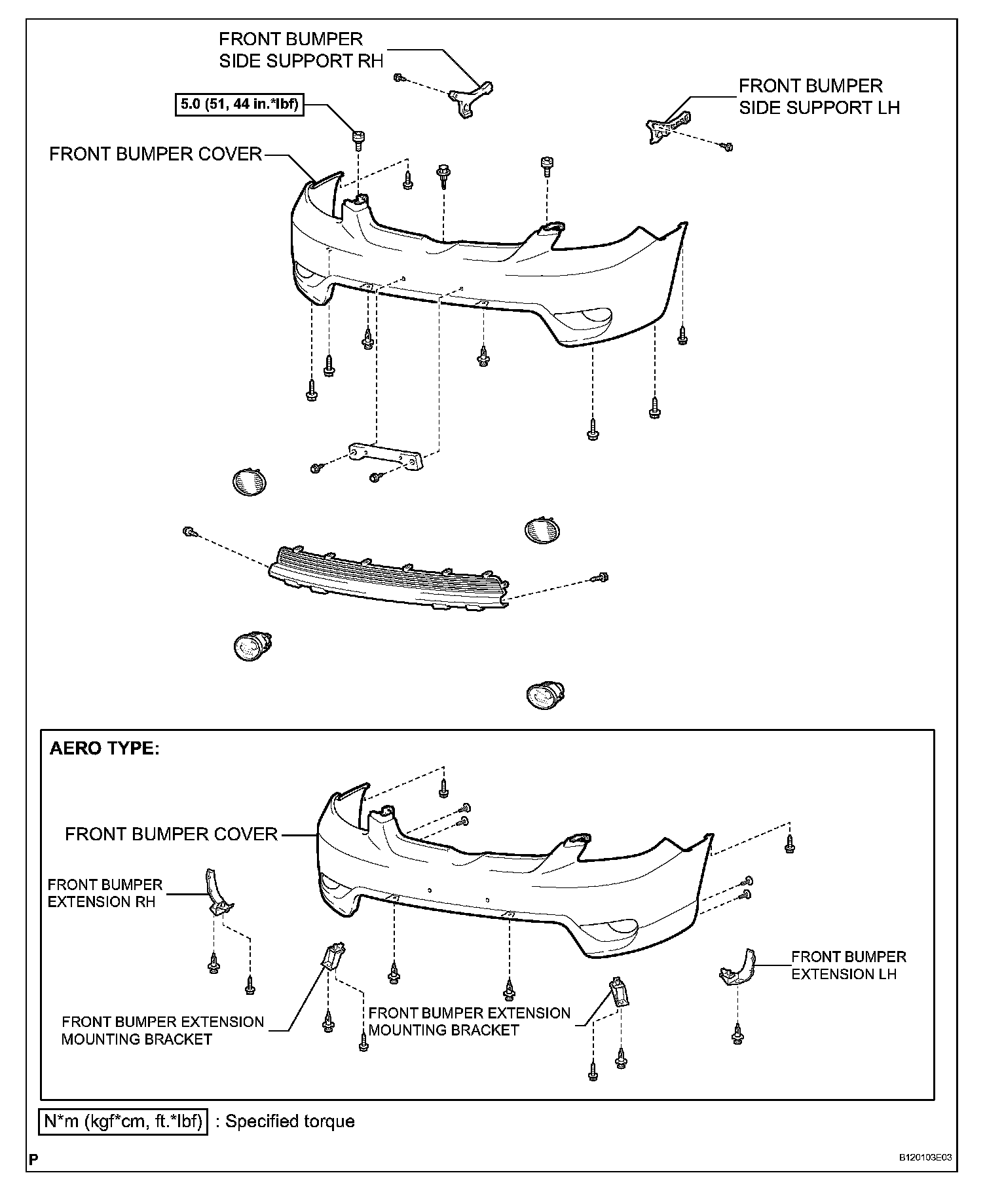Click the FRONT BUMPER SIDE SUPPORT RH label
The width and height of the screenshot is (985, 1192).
[301, 50]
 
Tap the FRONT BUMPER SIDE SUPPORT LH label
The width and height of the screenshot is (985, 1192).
[819, 96]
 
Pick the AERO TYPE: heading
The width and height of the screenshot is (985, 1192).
[105, 748]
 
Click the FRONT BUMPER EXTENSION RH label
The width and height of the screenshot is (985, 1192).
[105, 893]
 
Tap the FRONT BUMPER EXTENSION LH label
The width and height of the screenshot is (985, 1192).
[848, 965]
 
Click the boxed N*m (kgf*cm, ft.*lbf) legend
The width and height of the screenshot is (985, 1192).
[122, 1121]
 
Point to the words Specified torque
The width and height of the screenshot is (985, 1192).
[290, 1121]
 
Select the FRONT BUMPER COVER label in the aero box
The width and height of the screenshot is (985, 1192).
[172, 834]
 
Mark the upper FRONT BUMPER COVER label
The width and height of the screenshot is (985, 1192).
[156, 155]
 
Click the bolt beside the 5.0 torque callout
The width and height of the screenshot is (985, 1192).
[358, 138]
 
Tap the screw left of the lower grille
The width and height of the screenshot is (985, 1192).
[188, 531]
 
